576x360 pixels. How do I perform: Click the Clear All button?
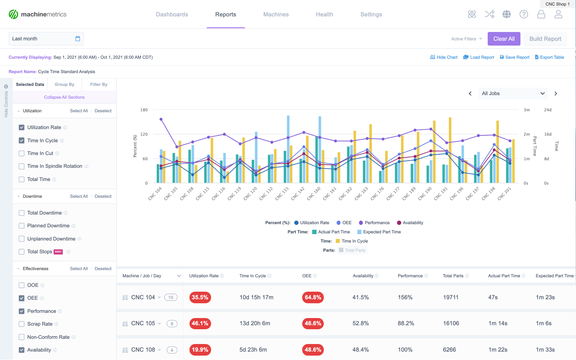coord(504,39)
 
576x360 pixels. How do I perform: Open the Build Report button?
coord(545,39)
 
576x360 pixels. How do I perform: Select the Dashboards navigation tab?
coord(172,14)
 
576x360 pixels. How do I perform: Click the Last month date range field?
coord(46,39)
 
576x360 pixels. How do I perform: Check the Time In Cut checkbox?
coord(22,153)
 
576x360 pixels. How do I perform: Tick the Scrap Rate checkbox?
coord(22,324)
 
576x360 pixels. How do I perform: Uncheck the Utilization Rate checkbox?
coord(22,127)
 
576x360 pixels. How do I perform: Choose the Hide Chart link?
coord(444,57)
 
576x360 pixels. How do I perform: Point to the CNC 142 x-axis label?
coord(298,193)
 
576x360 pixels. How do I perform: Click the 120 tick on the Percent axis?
coord(144,134)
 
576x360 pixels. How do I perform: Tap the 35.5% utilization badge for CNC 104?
coord(200,297)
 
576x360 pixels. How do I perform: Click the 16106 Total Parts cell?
coord(451,323)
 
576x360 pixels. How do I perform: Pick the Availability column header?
coord(363,276)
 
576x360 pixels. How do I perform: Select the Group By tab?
coord(64,84)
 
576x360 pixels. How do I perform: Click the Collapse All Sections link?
coord(64,97)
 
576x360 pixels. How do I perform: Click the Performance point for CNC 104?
coord(161,119)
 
